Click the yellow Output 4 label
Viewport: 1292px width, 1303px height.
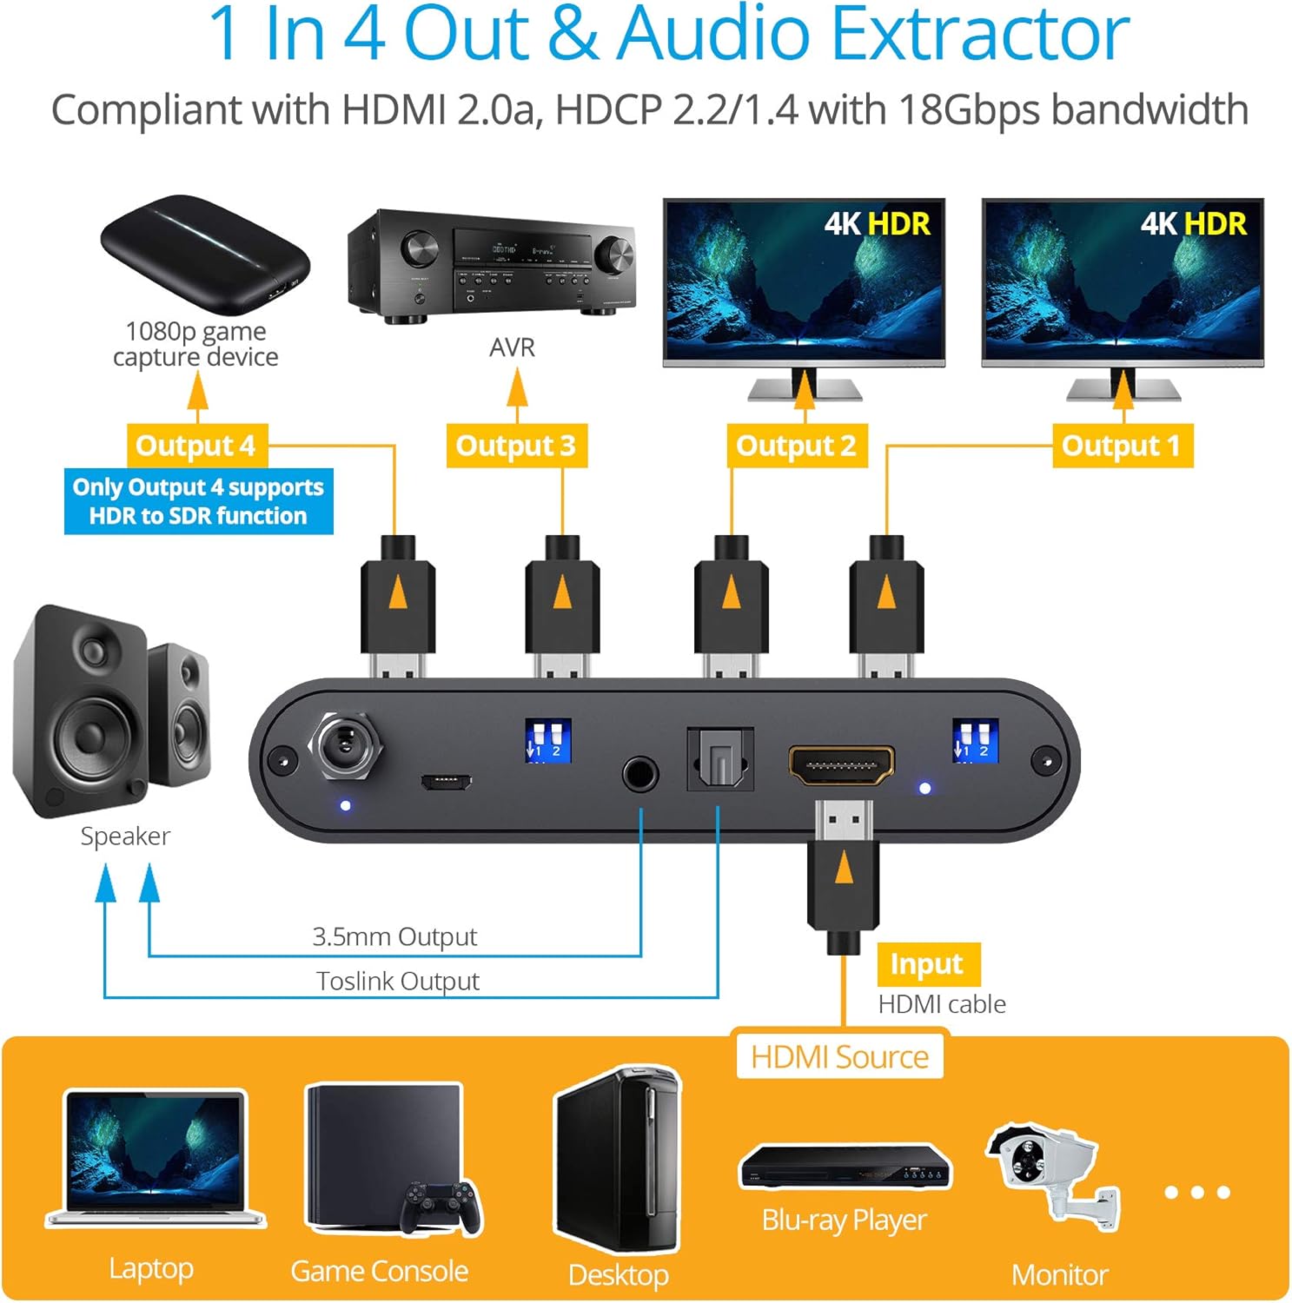tap(196, 446)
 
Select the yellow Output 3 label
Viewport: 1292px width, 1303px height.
tap(516, 446)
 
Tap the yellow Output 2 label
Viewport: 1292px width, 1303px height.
tap(796, 446)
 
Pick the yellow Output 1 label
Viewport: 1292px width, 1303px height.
tap(1122, 446)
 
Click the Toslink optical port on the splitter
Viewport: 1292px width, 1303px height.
tap(719, 759)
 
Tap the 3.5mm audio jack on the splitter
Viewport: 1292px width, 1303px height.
tap(640, 773)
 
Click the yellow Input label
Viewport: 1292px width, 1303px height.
tap(927, 964)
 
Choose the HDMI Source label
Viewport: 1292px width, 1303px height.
tap(839, 1056)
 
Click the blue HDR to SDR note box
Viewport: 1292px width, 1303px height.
tap(198, 501)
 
